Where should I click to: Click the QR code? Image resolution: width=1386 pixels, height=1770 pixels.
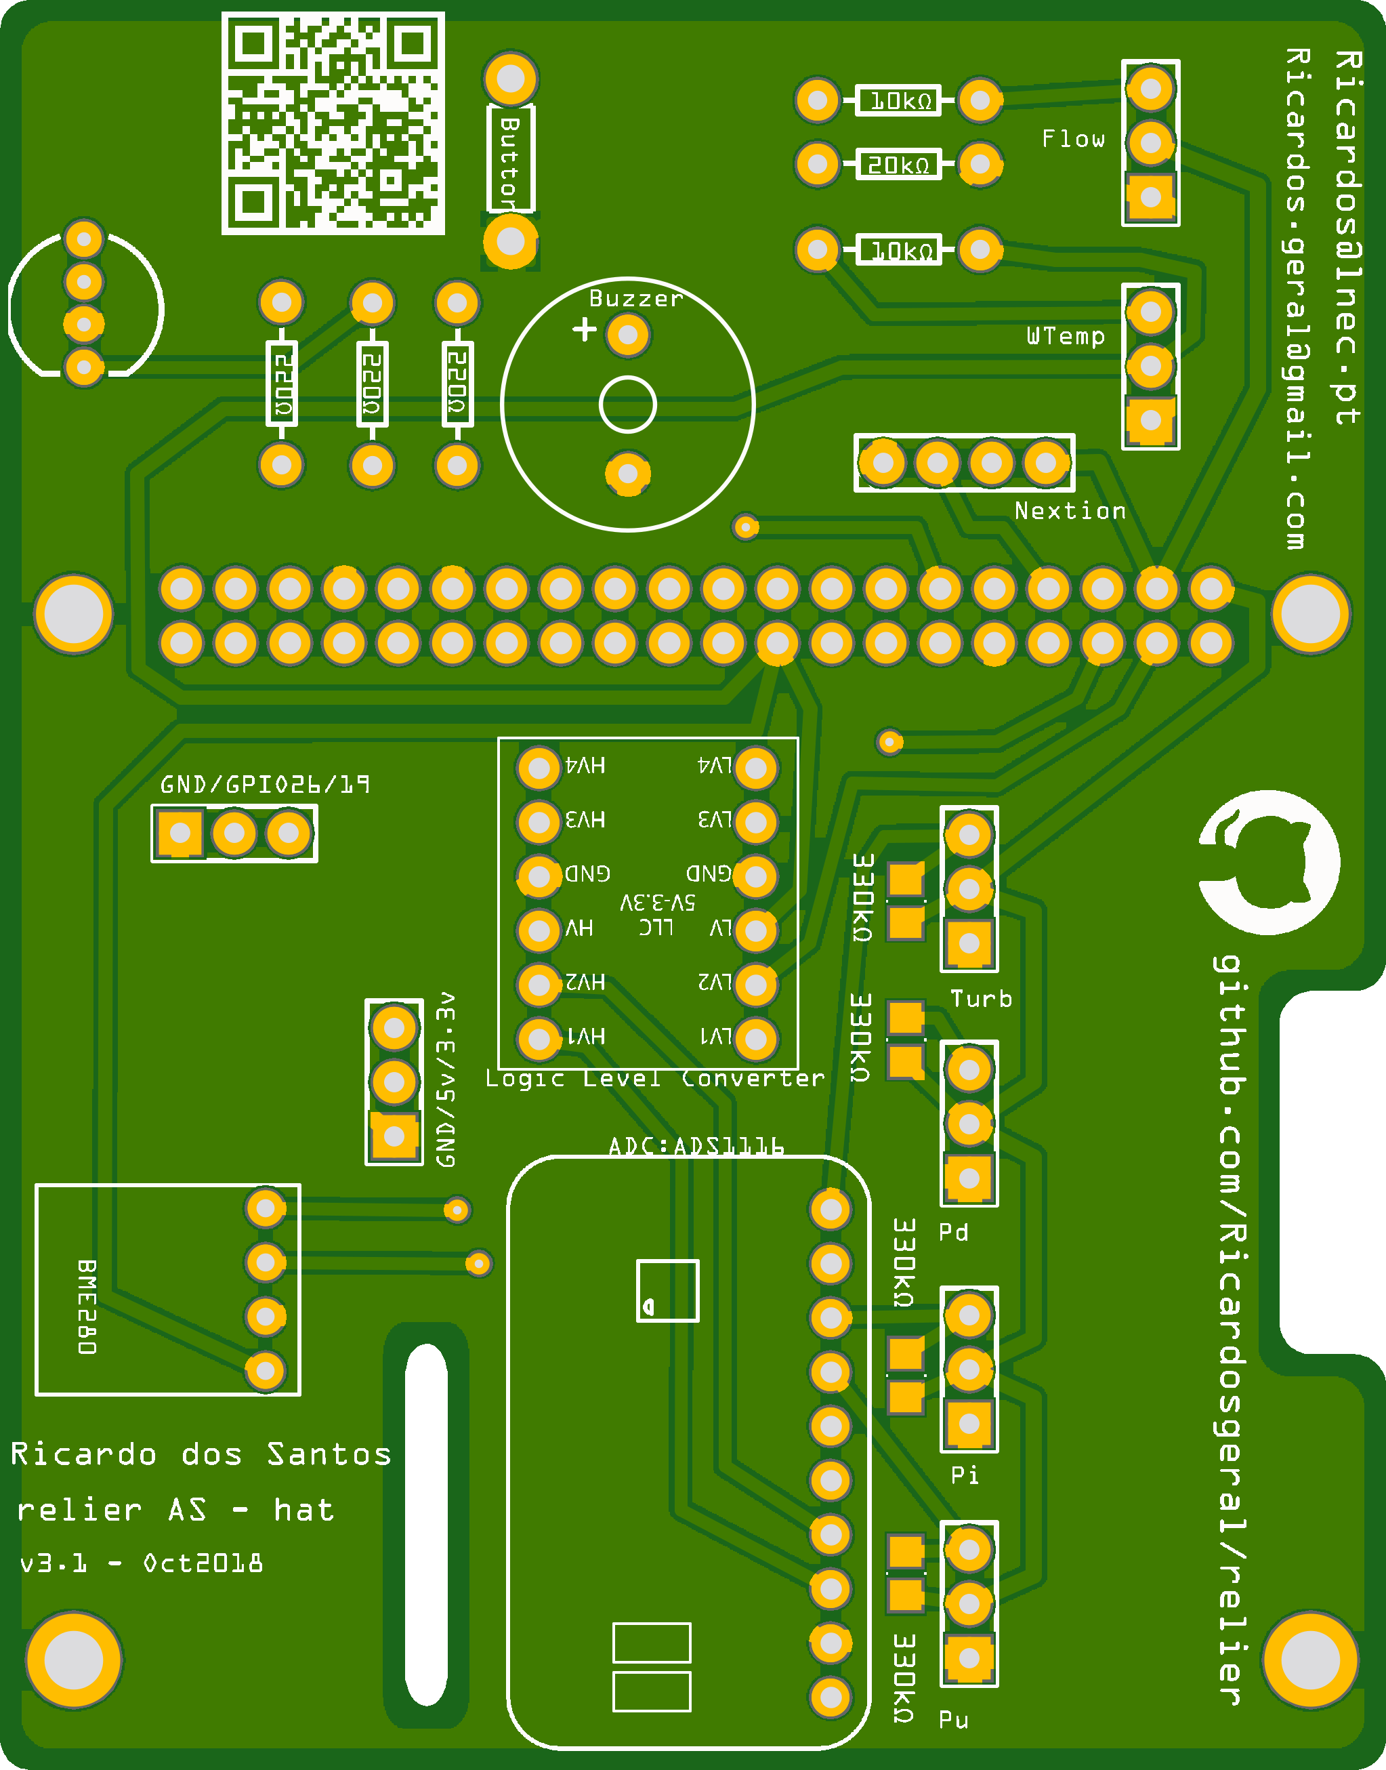point(333,123)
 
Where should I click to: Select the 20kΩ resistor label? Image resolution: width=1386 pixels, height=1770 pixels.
point(898,165)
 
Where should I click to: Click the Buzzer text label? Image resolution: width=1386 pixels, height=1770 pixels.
point(635,299)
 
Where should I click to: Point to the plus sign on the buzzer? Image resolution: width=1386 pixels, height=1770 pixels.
point(584,329)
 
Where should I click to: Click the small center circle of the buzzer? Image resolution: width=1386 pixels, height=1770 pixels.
point(627,404)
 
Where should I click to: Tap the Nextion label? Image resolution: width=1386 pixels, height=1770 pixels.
point(1070,510)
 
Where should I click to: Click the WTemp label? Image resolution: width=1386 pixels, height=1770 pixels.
point(1066,336)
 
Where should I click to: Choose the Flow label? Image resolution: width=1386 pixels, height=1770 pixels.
point(1073,139)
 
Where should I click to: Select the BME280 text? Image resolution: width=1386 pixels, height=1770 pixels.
point(87,1306)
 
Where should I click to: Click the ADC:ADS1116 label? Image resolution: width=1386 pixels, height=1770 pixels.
point(696,1146)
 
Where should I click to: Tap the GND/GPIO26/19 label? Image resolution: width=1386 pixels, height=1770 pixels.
point(265,784)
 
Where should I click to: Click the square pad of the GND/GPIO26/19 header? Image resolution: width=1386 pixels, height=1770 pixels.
point(180,833)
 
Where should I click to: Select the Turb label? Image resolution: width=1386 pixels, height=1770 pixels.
point(981,998)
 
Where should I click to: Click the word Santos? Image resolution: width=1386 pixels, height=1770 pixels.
point(329,1454)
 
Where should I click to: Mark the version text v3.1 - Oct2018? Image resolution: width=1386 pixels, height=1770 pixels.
point(141,1563)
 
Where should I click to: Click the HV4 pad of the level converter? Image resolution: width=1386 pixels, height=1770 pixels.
point(538,767)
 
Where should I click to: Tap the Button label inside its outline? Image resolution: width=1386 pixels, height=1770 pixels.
point(509,160)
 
